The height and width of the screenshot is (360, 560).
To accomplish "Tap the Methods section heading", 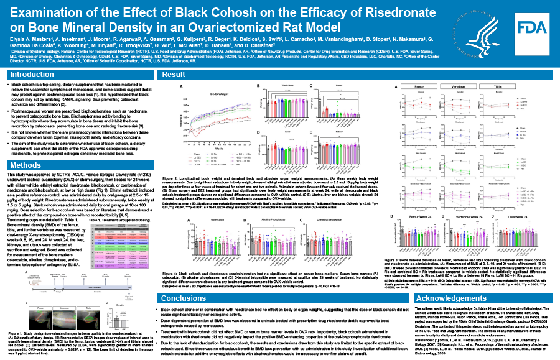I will [x=25, y=165].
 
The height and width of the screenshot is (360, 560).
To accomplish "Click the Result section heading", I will [x=172, y=75].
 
